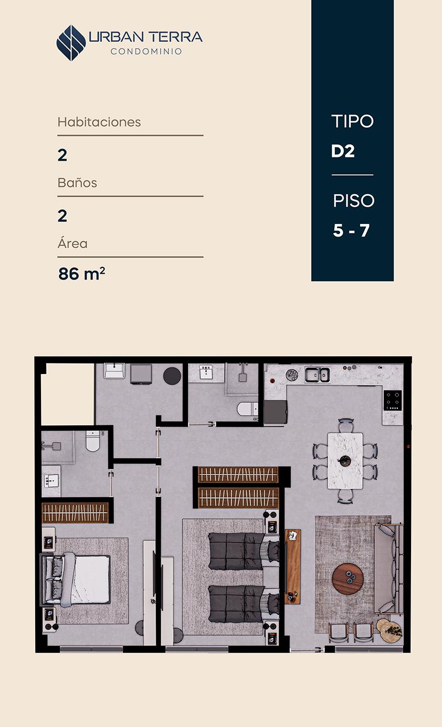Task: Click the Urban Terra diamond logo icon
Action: pos(71,43)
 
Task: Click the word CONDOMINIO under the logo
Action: pos(146,51)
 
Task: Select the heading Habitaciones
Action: pos(99,122)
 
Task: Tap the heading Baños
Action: pos(77,183)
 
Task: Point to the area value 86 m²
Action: pos(81,273)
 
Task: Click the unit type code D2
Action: pos(343,151)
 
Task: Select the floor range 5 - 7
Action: pos(351,230)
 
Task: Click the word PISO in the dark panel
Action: pos(354,200)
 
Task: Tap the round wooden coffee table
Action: pos(348,579)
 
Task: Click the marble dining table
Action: pos(345,461)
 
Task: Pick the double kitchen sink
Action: pos(317,375)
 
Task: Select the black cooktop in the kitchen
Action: pos(392,400)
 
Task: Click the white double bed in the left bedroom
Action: pos(76,579)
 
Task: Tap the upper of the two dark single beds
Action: pos(244,551)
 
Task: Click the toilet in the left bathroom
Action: pos(93,441)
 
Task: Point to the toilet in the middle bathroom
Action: pos(247,409)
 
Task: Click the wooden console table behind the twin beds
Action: pos(292,566)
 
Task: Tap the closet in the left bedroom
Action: pos(76,512)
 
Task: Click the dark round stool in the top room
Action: pos(172,376)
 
